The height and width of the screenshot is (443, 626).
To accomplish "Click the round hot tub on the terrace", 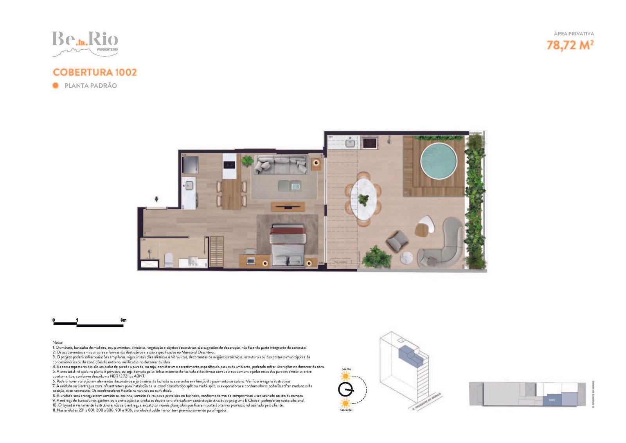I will click(438, 161).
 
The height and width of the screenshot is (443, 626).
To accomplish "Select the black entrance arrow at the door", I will click(156, 199).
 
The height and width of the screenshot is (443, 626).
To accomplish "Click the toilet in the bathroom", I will click(169, 259).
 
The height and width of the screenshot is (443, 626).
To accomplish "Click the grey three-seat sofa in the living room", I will click(281, 164).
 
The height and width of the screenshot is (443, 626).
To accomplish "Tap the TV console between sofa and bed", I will click(288, 207).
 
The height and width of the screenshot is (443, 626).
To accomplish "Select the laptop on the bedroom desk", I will click(250, 259).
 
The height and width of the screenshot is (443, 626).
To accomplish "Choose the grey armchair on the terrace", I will click(398, 240).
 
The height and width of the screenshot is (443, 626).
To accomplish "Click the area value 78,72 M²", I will click(570, 45).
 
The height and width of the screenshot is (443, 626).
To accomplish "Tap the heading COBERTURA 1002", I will click(95, 72).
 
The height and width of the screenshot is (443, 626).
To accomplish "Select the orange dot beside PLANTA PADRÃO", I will click(56, 85).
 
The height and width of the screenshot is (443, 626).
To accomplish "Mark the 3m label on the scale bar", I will click(123, 320).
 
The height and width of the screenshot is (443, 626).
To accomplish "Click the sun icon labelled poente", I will click(345, 376).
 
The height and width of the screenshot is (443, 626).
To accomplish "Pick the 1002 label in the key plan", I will click(552, 400).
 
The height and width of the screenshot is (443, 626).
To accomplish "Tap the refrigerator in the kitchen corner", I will click(191, 165).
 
